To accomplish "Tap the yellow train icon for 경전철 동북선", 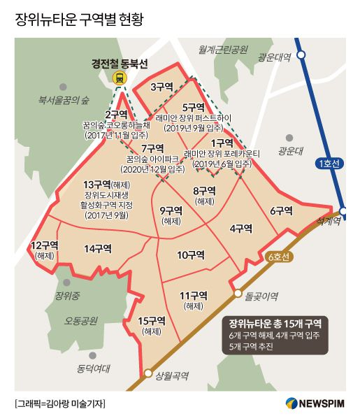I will (120, 79).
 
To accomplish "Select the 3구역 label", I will (161, 87).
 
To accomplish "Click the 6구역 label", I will (280, 210).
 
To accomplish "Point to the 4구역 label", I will (240, 228).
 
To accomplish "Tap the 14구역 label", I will (99, 248).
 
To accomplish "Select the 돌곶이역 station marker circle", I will (238, 294).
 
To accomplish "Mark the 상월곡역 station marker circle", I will (147, 373).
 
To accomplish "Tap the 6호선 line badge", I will (280, 257).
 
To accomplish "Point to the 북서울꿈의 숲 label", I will (64, 99).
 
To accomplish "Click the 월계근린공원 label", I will (223, 50).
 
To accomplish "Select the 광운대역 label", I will (273, 57).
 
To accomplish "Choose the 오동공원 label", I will (83, 321).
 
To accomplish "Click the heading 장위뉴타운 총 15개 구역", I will (275, 324).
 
